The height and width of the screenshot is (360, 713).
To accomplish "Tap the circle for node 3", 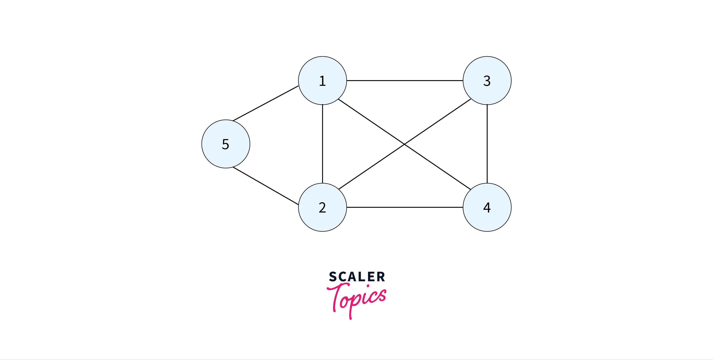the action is click(487, 81).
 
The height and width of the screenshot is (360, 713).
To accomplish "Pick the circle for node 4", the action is click(487, 207).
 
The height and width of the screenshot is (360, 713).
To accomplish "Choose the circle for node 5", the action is click(226, 144).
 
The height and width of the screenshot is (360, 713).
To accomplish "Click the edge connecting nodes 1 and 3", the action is click(405, 81).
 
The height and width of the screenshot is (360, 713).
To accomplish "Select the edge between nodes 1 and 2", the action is click(323, 144).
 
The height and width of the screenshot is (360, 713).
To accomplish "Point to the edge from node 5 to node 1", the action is click(266, 103).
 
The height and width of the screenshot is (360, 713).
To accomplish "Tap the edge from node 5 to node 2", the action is click(266, 186).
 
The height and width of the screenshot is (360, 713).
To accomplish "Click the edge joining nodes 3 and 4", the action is click(487, 144).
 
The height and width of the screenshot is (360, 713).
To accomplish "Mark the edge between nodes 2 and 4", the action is click(405, 207).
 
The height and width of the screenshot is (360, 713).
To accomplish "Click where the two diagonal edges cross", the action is click(404, 144).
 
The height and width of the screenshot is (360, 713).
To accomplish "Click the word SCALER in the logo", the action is click(357, 277).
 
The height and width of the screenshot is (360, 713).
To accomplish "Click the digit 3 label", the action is click(487, 81).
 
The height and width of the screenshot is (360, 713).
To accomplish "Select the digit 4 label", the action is click(487, 207).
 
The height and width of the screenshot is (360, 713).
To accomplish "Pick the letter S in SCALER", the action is click(333, 277).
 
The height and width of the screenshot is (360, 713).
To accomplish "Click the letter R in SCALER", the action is click(381, 277).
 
